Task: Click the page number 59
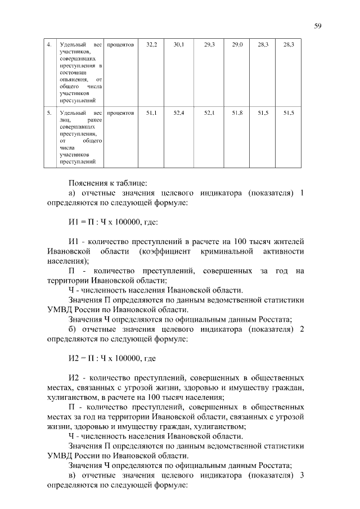coord(318,25)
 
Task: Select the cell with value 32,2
coord(151,44)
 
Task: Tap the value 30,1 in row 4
coord(178,44)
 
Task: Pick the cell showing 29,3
coord(209,44)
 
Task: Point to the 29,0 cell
coord(237,44)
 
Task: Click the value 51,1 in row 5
coord(151,113)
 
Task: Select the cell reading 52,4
coord(178,113)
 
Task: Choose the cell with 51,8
coord(237,113)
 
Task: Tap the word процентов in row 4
coord(120,44)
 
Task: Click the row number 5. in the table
coord(49,113)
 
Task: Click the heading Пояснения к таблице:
coord(107,183)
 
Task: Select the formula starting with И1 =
coord(112,222)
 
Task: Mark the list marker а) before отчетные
coord(73,193)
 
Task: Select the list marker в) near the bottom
coord(73,476)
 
